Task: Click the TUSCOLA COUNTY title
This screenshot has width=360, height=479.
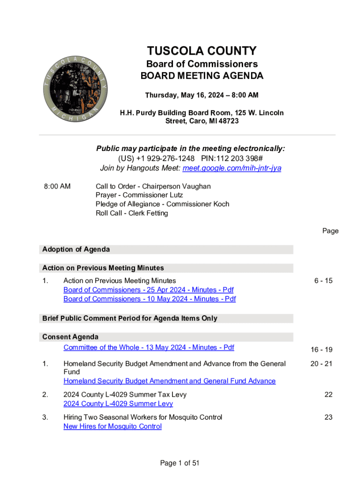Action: [202, 51]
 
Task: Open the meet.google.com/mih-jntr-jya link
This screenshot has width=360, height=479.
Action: [232, 168]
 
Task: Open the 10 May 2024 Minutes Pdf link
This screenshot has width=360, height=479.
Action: [149, 299]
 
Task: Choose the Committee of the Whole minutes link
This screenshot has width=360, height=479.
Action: [149, 348]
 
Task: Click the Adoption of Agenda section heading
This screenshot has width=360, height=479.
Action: [76, 249]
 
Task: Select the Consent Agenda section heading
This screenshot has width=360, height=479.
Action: [71, 337]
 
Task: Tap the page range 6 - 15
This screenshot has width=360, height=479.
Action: [323, 281]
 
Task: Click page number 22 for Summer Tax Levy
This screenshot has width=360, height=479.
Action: [328, 394]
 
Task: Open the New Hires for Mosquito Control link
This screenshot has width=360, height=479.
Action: [113, 426]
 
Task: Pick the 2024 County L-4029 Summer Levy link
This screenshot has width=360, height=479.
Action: [118, 403]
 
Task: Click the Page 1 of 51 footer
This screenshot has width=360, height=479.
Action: [180, 463]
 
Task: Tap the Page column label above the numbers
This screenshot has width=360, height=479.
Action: [330, 231]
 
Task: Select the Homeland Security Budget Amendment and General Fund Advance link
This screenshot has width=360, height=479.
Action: [169, 381]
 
